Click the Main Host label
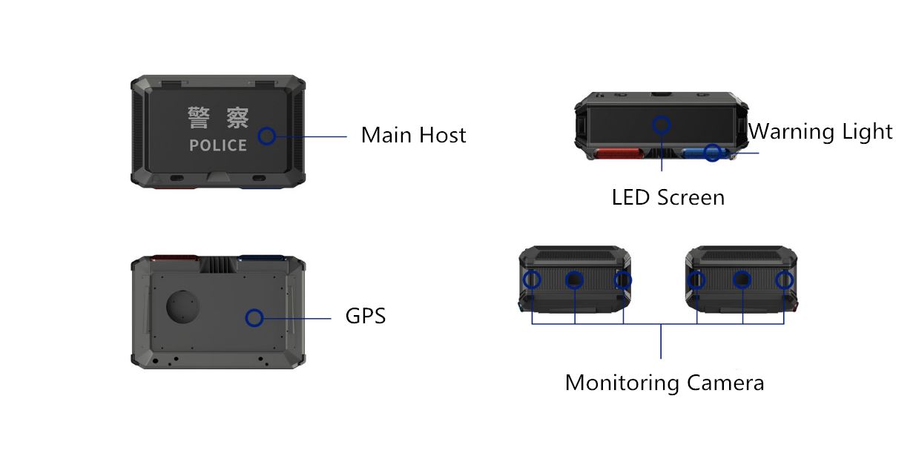pyautogui.click(x=413, y=136)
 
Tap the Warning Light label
pyautogui.click(x=820, y=132)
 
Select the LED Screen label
pyautogui.click(x=668, y=197)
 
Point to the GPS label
pyautogui.click(x=366, y=316)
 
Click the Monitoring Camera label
pyautogui.click(x=664, y=383)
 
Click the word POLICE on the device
pyautogui.click(x=218, y=145)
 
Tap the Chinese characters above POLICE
pyautogui.click(x=218, y=118)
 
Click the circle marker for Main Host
pyautogui.click(x=267, y=136)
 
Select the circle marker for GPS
pyautogui.click(x=254, y=318)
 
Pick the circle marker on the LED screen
pyautogui.click(x=661, y=125)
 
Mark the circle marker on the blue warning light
pyautogui.click(x=712, y=153)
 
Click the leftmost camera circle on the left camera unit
pyautogui.click(x=532, y=280)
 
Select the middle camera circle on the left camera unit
pyautogui.click(x=575, y=280)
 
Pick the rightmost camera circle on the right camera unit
pyautogui.click(x=784, y=280)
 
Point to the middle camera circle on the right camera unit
pyautogui.click(x=742, y=280)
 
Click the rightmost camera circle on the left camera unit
pyautogui.click(x=622, y=280)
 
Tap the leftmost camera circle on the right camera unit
pyautogui.click(x=696, y=280)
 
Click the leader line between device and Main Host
pyautogui.click(x=312, y=136)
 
